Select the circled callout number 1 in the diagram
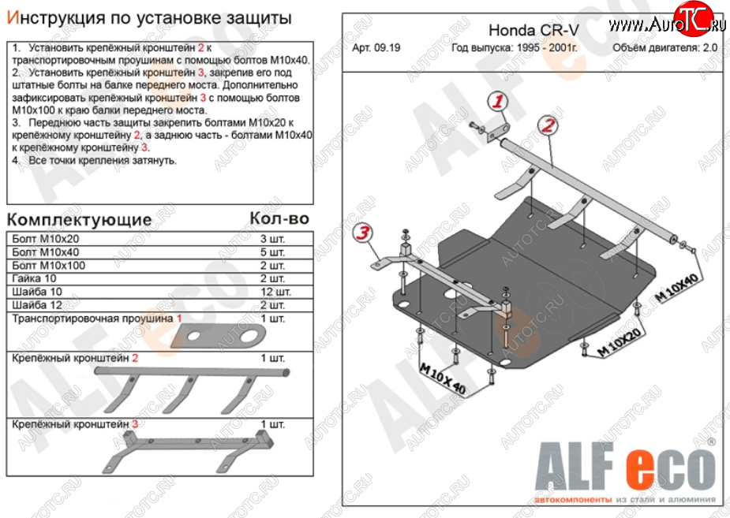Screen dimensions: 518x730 pyautogui.click(x=498, y=101)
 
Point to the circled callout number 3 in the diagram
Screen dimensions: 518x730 pyautogui.click(x=362, y=232)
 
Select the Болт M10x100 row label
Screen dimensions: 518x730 pyautogui.click(x=48, y=265)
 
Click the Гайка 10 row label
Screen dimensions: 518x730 pyautogui.click(x=36, y=278)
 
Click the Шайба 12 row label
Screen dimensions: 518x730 pyautogui.click(x=38, y=305)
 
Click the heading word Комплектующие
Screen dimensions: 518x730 pyautogui.click(x=79, y=218)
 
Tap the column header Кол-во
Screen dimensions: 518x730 pyautogui.click(x=279, y=218)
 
